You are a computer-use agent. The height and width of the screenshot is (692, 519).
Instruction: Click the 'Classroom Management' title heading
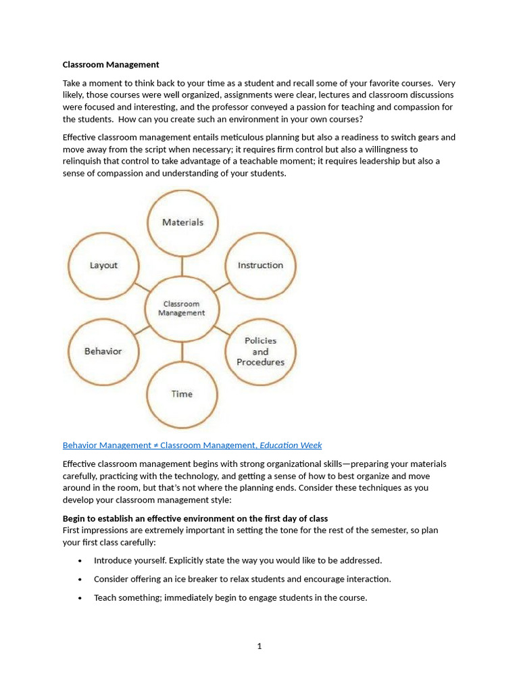pyautogui.click(x=111, y=65)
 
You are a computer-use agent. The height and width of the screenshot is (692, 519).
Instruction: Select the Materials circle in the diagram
pyautogui.click(x=182, y=222)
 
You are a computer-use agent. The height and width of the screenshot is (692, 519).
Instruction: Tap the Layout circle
pyautogui.click(x=103, y=266)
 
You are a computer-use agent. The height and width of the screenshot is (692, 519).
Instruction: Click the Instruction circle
pyautogui.click(x=260, y=266)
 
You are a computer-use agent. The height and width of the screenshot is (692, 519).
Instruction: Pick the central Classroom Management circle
pyautogui.click(x=181, y=309)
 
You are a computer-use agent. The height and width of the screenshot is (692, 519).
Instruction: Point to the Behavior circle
pyautogui.click(x=103, y=351)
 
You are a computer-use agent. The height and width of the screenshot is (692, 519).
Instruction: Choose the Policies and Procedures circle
pyautogui.click(x=260, y=351)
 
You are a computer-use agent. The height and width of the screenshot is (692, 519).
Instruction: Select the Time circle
pyautogui.click(x=182, y=394)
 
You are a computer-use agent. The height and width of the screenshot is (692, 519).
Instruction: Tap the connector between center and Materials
pyautogui.click(x=182, y=266)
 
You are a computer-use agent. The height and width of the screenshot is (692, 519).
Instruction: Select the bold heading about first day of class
pyautogui.click(x=195, y=518)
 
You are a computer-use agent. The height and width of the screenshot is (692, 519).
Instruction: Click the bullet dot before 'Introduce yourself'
pyautogui.click(x=80, y=561)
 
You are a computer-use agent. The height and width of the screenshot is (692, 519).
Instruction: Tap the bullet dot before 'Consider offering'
pyautogui.click(x=80, y=579)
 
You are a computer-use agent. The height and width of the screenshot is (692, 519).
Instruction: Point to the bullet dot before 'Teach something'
pyautogui.click(x=80, y=598)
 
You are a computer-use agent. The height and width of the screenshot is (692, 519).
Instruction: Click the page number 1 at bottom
pyautogui.click(x=259, y=646)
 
